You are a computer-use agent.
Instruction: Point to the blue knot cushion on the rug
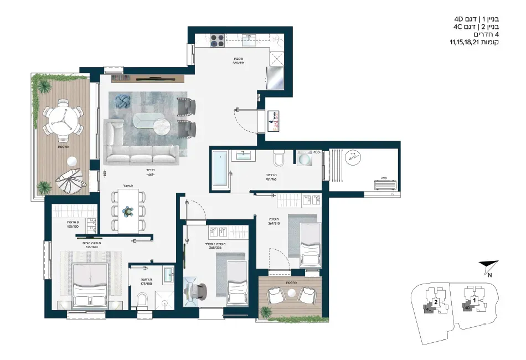coord(121,101)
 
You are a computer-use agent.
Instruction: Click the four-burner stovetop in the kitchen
coord(217,40)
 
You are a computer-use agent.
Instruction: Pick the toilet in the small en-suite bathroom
coord(142,300)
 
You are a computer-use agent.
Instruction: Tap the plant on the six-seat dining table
coord(128,211)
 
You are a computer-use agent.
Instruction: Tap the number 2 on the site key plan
coord(436,302)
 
